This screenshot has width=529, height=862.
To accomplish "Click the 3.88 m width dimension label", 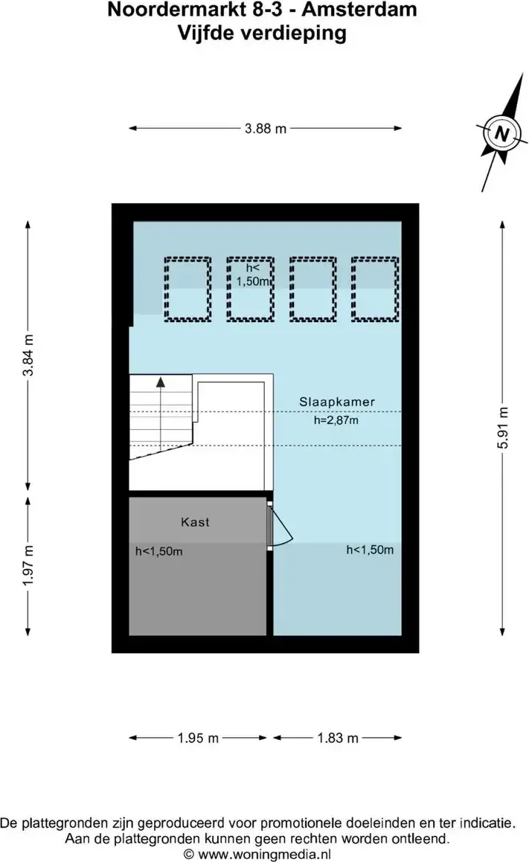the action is coord(266,129).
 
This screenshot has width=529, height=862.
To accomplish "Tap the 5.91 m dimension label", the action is coord(503,428).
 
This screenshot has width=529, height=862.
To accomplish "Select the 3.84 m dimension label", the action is coord(28,355).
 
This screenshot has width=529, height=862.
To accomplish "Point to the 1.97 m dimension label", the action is coord(28,565).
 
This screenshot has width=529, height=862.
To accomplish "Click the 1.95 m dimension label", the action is coord(198,738).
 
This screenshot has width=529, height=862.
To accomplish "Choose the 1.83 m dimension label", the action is coord(338,738).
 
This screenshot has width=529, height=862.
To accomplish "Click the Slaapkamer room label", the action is coord(337,402).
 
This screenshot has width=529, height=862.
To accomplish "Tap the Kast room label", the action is coord(195,521).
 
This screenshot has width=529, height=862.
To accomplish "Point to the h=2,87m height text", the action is coord(336,420).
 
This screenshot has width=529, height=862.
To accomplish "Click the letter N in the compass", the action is coord(501,134).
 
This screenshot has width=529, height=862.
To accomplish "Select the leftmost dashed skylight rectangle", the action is coord(187,289).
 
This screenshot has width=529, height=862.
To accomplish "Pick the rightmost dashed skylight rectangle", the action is coord(375,289).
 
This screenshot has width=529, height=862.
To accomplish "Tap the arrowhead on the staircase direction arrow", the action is coord(160,382).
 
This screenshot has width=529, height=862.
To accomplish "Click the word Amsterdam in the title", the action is coord(359,10).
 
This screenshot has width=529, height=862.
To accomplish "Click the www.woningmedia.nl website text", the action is coord(265,855).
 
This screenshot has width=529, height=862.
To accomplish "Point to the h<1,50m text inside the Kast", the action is coord(159,551).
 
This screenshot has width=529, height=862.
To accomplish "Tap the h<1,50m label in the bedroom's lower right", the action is coord(370,550).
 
